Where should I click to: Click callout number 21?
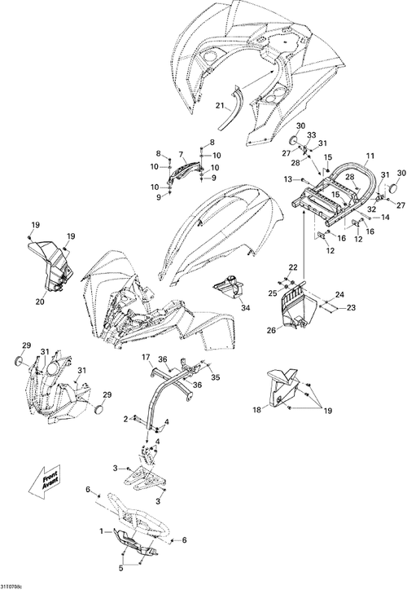[x=220, y=106]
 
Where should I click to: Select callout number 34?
[x=245, y=308]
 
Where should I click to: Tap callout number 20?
[x=40, y=302]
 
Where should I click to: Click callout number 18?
[x=256, y=410]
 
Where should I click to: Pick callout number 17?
[x=146, y=356]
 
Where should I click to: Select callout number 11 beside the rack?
[x=370, y=156]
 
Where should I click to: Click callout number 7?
[x=182, y=154]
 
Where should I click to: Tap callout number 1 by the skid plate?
[x=101, y=531]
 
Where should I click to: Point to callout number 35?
[x=215, y=377]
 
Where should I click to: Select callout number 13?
[x=287, y=179]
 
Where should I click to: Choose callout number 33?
[x=311, y=134]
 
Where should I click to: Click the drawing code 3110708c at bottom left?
[x=11, y=587]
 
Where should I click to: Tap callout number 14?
[x=385, y=217]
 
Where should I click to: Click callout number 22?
[x=293, y=267]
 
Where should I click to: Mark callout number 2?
[x=125, y=418]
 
